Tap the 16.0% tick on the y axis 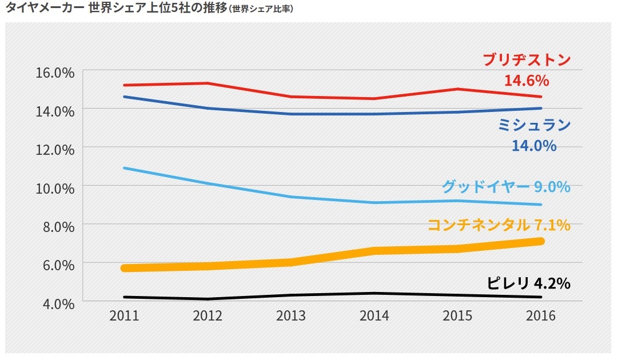(x=54, y=72)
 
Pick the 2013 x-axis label (x=291, y=316)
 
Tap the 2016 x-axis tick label (x=541, y=316)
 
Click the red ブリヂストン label (x=527, y=61)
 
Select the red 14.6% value (x=526, y=79)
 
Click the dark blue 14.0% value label (x=533, y=146)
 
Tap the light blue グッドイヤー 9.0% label (x=506, y=187)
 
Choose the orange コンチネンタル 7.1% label (x=499, y=225)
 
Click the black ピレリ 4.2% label (x=529, y=283)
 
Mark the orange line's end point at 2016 (x=540, y=241)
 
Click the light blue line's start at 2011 (x=124, y=168)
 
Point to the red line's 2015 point (x=457, y=89)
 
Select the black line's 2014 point (x=374, y=293)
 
